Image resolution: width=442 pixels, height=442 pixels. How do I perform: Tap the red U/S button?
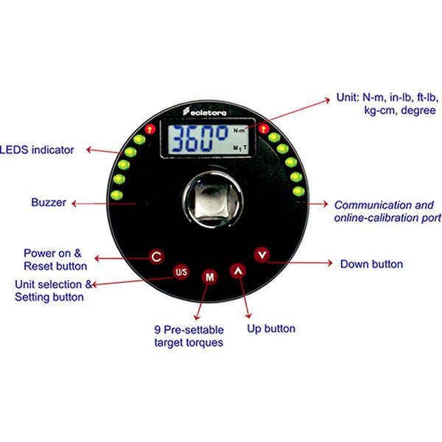pos(180,272)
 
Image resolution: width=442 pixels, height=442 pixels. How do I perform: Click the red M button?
pos(209,277)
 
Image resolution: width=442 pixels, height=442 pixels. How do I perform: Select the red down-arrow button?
pos(262,255)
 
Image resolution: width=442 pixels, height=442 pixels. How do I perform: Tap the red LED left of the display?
pos(148,128)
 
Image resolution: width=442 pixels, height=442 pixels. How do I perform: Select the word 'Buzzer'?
pos(49,202)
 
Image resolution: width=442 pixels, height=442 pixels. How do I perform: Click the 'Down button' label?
pos(371,264)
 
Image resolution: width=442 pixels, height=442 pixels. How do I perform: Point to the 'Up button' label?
pos(271,329)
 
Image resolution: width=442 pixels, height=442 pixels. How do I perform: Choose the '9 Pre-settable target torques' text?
pos(189,337)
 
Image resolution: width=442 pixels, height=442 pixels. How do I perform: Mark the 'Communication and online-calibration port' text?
pos(387,211)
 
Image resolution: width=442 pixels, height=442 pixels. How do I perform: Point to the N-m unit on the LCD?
pos(239,129)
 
